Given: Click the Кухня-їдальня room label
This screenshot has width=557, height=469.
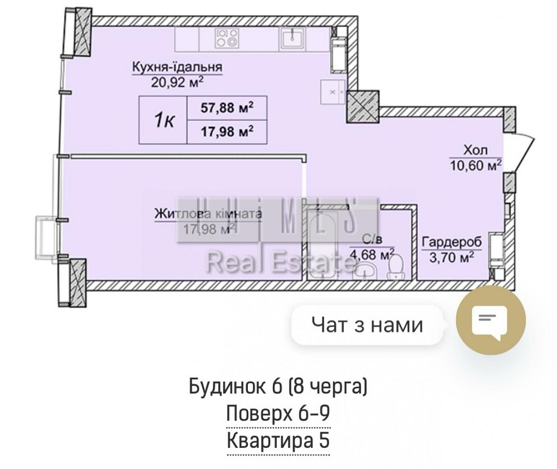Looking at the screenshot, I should [177, 67].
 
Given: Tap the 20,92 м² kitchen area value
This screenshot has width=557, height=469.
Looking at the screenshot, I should [177, 82].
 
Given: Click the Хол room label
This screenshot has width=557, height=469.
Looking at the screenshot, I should [475, 150].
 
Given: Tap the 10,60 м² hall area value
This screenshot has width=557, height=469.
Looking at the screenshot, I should [475, 165].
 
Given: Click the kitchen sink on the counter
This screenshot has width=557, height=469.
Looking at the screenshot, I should [291, 37].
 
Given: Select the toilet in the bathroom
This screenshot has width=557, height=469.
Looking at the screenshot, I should [395, 270].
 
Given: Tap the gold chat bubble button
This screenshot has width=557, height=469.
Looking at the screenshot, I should [490, 322].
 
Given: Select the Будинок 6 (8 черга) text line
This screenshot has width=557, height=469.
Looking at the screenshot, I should [278, 386].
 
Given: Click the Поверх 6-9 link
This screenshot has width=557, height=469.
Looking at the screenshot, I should [278, 414].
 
